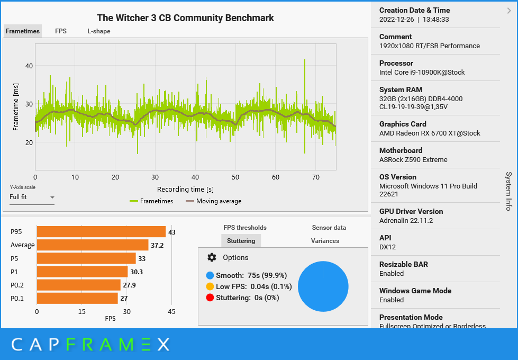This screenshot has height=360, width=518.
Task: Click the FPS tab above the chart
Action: [x=61, y=31]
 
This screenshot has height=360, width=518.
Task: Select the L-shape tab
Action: [x=99, y=31]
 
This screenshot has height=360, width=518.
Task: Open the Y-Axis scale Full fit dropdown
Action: [x=32, y=197]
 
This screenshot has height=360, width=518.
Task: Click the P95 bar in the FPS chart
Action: [x=101, y=231]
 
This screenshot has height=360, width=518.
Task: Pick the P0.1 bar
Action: [x=77, y=299]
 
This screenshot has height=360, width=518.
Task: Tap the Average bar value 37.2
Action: [x=157, y=246]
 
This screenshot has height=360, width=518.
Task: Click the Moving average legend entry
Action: [x=213, y=201]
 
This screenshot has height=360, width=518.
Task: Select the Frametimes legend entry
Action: [x=151, y=201]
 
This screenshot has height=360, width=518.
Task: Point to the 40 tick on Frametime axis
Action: [x=29, y=66]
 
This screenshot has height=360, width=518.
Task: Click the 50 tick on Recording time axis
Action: [x=235, y=177]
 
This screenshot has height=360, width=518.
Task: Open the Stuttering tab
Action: [x=241, y=241]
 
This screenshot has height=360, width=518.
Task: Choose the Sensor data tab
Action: [x=329, y=228]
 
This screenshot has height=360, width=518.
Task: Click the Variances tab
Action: [x=325, y=241]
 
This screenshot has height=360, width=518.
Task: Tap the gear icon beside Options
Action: [x=212, y=257]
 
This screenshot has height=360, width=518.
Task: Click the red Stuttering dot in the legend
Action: [x=210, y=298]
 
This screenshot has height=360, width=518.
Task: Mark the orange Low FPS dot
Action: [x=210, y=286]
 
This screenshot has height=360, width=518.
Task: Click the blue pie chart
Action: [x=323, y=286]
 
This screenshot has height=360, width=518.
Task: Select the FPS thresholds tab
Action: [x=245, y=228]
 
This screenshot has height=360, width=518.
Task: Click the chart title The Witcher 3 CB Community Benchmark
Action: [x=185, y=18]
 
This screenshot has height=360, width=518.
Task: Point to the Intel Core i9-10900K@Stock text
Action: [x=422, y=72]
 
